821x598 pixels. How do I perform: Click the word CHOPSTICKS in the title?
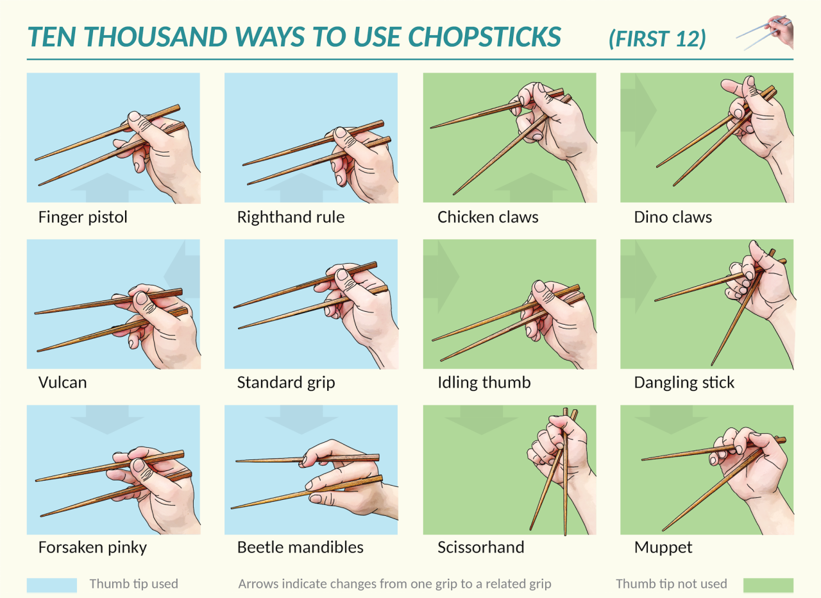[484, 37]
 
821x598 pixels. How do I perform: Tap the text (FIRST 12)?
[657, 38]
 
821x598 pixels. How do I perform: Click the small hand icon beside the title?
[765, 32]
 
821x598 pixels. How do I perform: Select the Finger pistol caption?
[83, 217]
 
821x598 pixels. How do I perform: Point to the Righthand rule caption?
[291, 217]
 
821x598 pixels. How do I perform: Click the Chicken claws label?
[488, 217]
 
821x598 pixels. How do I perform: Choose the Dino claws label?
[673, 217]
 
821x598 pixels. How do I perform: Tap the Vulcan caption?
[63, 382]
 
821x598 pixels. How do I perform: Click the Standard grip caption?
[286, 383]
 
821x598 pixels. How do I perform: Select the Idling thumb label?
[484, 382]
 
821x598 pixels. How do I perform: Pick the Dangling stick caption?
[684, 383]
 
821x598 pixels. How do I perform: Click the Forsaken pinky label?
[92, 548]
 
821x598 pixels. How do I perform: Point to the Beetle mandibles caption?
[300, 547]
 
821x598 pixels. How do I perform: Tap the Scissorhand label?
[481, 547]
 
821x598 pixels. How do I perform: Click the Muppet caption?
[663, 548]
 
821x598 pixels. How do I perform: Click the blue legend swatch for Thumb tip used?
[52, 585]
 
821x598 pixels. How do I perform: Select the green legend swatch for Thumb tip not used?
[768, 585]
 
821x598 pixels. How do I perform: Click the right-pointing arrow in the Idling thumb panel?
[441, 276]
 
